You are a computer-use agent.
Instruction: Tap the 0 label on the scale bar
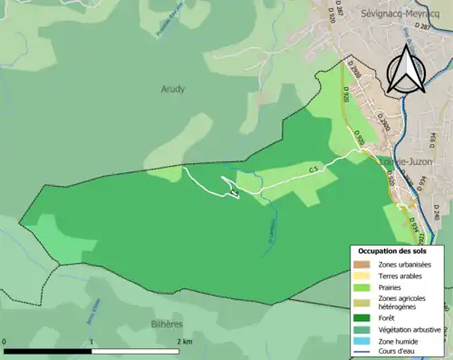[5, 342]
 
